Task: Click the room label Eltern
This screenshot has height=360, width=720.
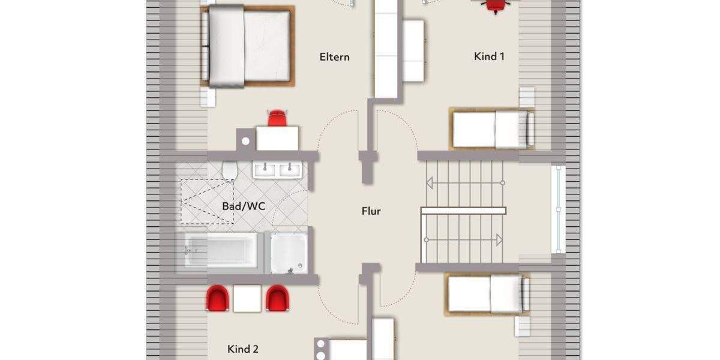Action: [x=334, y=57]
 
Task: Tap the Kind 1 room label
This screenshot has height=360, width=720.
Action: [x=489, y=56]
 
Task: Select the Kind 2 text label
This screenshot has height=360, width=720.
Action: [x=243, y=349]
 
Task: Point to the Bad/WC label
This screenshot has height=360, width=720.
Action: [x=244, y=206]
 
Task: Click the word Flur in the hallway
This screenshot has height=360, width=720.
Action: [x=371, y=211]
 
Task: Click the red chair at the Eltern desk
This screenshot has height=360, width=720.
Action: [x=277, y=118]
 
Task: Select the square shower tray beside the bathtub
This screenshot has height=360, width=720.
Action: [x=289, y=253]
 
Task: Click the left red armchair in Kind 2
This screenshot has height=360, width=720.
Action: [x=217, y=298]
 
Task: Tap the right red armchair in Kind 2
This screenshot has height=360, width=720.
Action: [x=277, y=298]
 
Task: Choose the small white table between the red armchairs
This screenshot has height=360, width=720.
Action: [x=247, y=299]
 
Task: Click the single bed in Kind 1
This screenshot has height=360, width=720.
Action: [x=491, y=129]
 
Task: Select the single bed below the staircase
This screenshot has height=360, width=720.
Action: [x=487, y=294]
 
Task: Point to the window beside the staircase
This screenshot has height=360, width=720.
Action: [x=558, y=209]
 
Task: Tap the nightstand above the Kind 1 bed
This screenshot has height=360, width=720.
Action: [x=527, y=97]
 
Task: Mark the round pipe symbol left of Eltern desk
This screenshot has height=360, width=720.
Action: [x=246, y=142]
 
